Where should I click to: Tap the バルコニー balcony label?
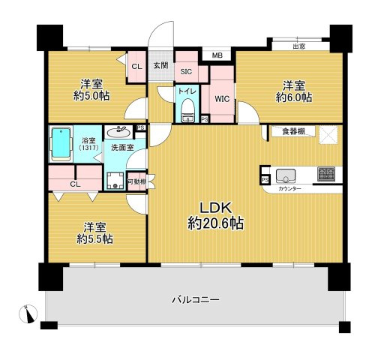pyautogui.click(x=195, y=300)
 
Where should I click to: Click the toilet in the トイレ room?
pyautogui.click(x=186, y=110)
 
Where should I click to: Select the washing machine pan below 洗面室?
pyautogui.click(x=115, y=180)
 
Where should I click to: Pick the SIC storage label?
pyautogui.click(x=187, y=71)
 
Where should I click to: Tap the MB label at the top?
pyautogui.click(x=217, y=55)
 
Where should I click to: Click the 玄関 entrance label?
pyautogui.click(x=160, y=66)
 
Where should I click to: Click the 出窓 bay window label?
pyautogui.click(x=298, y=46)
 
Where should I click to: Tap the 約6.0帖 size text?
pyautogui.click(x=294, y=97)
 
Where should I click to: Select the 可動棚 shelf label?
pyautogui.click(x=136, y=181)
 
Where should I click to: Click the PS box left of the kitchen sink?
pyautogui.click(x=265, y=179)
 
